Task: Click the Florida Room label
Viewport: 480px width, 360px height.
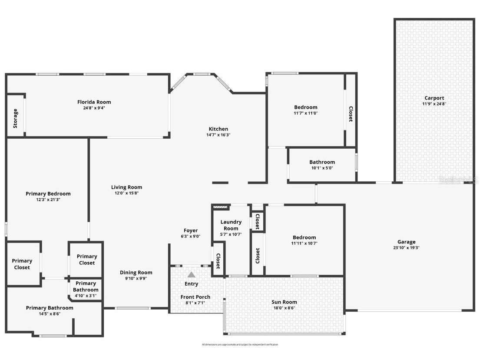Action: pyautogui.click(x=94, y=102)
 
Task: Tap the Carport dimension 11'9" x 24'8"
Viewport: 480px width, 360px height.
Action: pyautogui.click(x=434, y=104)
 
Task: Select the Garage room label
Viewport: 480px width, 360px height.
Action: pyautogui.click(x=406, y=242)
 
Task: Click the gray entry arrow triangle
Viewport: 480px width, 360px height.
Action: pyautogui.click(x=191, y=274)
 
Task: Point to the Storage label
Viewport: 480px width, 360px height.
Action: pyautogui.click(x=16, y=118)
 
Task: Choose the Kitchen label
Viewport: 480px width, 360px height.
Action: pyautogui.click(x=218, y=129)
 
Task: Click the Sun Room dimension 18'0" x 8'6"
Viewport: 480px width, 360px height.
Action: pyautogui.click(x=284, y=308)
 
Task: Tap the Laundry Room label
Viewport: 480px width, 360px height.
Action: pyautogui.click(x=231, y=225)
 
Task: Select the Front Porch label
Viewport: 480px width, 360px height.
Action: pyautogui.click(x=195, y=297)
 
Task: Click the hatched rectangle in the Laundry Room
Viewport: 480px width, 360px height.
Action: pyautogui.click(x=221, y=208)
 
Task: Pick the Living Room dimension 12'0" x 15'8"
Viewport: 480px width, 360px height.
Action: pyautogui.click(x=126, y=193)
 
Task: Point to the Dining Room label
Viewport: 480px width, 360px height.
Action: pyautogui.click(x=136, y=273)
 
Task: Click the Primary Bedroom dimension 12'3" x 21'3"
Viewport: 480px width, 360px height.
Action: pyautogui.click(x=48, y=200)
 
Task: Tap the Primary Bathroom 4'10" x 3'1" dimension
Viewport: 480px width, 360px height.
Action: pyautogui.click(x=86, y=296)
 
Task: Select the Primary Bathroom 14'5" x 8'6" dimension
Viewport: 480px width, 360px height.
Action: pyautogui.click(x=50, y=313)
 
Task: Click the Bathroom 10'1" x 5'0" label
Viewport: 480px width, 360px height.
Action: pyautogui.click(x=322, y=162)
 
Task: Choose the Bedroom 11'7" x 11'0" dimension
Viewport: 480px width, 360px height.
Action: pyautogui.click(x=305, y=113)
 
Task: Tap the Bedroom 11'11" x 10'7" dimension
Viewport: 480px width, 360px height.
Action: pyautogui.click(x=304, y=243)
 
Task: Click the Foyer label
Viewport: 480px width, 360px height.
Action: pyautogui.click(x=190, y=230)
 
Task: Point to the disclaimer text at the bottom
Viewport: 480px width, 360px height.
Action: pyautogui.click(x=240, y=344)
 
